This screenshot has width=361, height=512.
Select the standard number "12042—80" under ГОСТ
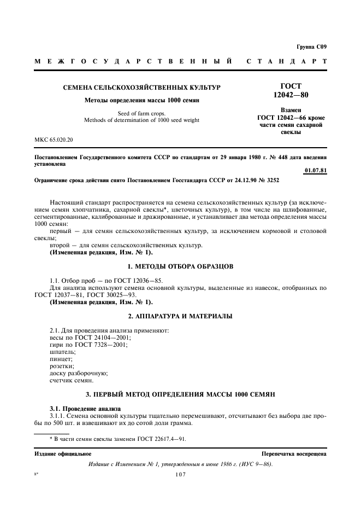coord(290,95)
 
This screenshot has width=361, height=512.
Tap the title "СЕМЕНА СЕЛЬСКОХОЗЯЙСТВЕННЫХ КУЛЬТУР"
coord(141,88)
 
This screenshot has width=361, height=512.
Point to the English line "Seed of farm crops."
coord(141,113)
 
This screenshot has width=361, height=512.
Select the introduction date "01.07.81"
coord(316,171)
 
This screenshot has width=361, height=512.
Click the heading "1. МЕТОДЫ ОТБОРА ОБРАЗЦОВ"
coord(180,266)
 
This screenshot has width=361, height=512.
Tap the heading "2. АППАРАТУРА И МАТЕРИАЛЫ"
coord(180,316)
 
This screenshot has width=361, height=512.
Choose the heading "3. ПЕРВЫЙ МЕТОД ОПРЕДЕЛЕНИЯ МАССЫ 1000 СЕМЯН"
coord(180,394)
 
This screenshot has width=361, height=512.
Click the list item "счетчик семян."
coord(72,380)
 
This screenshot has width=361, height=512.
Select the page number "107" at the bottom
coord(181,474)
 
